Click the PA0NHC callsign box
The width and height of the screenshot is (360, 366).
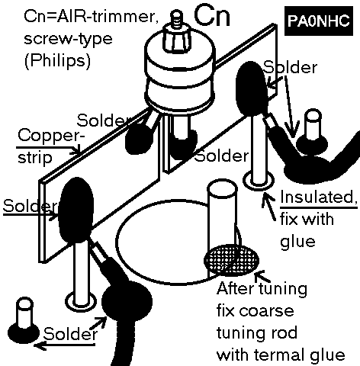click(319, 21)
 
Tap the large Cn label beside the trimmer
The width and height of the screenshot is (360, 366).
click(212, 16)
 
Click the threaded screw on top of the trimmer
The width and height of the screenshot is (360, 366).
click(175, 18)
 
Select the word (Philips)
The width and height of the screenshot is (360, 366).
click(57, 61)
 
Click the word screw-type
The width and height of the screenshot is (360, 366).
click(68, 39)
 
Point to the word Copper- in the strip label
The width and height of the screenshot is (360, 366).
click(51, 136)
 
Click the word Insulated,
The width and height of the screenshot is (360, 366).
click(319, 197)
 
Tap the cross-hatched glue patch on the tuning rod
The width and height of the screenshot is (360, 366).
click(232, 260)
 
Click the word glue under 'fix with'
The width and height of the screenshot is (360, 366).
click(297, 241)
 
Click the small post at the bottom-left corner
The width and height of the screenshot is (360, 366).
click(24, 321)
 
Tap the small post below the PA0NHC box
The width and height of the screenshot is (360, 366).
click(313, 132)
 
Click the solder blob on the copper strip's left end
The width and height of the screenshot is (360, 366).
click(76, 210)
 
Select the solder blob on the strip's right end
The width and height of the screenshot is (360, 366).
click(251, 88)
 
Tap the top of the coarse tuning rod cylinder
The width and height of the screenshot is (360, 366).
click(223, 188)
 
